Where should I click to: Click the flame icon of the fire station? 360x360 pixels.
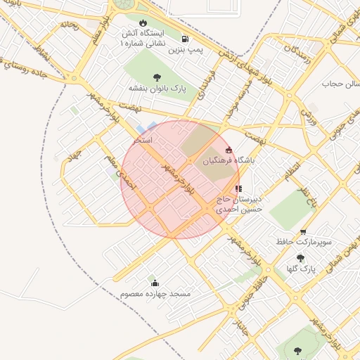[x=143, y=22]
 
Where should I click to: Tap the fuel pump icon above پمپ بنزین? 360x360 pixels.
[x=184, y=39]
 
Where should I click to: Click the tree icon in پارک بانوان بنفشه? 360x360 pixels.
[x=156, y=77]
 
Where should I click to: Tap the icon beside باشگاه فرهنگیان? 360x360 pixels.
[x=229, y=150]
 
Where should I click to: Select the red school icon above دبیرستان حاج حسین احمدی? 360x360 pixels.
[x=238, y=188]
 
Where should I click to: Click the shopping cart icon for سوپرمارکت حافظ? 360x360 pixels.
[x=303, y=232]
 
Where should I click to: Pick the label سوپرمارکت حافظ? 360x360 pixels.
[x=304, y=243]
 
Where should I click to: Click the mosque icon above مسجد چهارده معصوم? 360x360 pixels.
[x=155, y=283]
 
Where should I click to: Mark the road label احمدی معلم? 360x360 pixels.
[x=115, y=169]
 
